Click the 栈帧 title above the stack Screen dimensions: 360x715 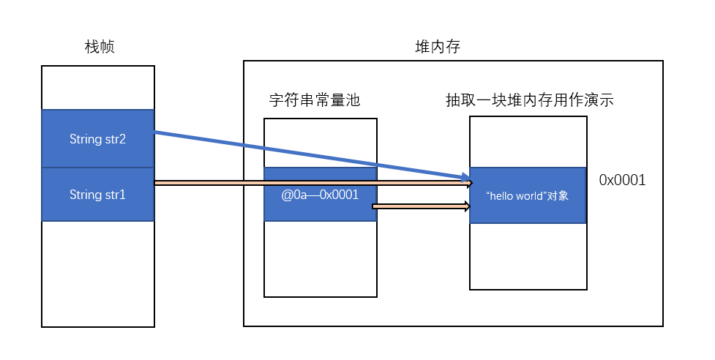coord(99,48)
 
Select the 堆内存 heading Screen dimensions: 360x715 coord(437,48)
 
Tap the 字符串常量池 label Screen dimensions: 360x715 coord(315,100)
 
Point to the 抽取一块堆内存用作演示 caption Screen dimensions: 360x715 coord(528,100)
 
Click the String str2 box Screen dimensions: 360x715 coord(97,139)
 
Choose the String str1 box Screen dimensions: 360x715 coord(97,195)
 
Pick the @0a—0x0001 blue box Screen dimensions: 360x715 coord(320,194)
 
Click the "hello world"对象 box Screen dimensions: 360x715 coord(527,195)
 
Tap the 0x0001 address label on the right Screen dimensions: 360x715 coord(622,180)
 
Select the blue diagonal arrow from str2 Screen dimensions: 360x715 coord(307,154)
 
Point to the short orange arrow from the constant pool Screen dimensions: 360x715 coord(417,206)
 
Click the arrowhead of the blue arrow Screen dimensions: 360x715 coord(465,178)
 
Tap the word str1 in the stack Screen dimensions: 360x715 coord(113,195)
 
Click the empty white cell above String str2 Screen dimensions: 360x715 coord(97,88)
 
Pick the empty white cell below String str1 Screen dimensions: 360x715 coord(97,274)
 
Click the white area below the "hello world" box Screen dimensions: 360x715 coord(527,256)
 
